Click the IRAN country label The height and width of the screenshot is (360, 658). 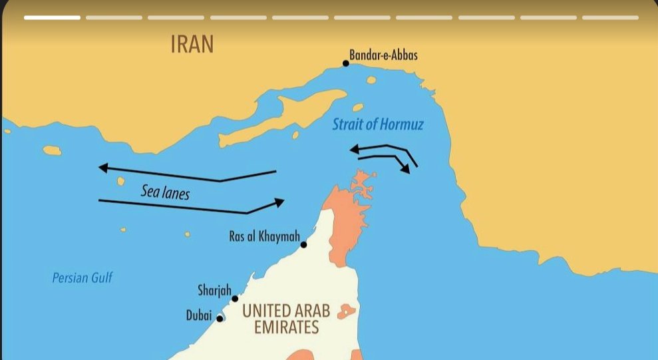click(x=192, y=45)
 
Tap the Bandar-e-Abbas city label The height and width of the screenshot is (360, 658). click(x=384, y=55)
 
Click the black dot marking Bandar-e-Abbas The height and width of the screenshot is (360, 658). click(x=346, y=63)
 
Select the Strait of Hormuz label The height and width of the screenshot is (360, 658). click(x=377, y=124)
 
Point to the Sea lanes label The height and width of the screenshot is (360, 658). click(x=165, y=192)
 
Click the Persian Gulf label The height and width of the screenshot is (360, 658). click(x=82, y=277)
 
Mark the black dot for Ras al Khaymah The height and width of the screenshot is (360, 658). click(x=303, y=245)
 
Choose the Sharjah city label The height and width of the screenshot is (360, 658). click(x=214, y=290)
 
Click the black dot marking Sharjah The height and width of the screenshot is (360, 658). click(x=235, y=298)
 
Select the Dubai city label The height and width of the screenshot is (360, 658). click(x=199, y=316)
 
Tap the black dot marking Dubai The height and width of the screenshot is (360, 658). click(x=220, y=318)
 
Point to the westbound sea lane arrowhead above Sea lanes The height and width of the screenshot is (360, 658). click(x=104, y=168)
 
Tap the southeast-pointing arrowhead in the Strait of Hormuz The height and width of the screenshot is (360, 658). click(x=405, y=169)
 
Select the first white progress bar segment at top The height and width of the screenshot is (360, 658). click(x=52, y=17)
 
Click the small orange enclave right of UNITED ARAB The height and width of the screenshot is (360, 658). click(x=346, y=311)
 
